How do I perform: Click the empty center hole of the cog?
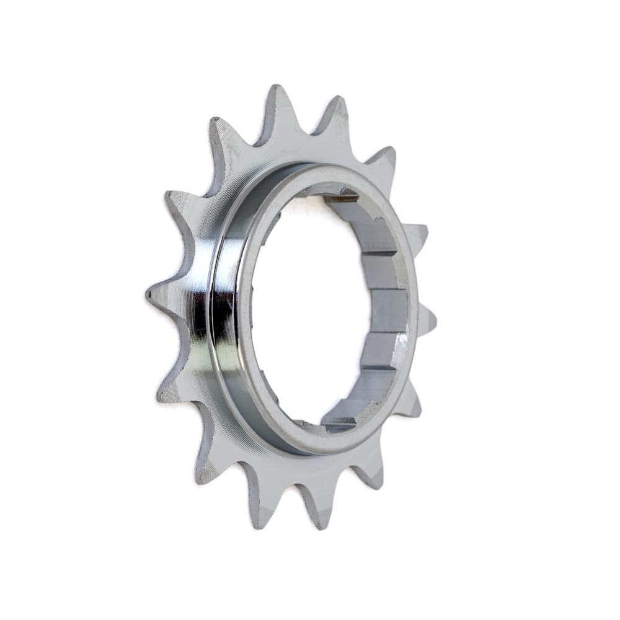pyautogui.click(x=310, y=310)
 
